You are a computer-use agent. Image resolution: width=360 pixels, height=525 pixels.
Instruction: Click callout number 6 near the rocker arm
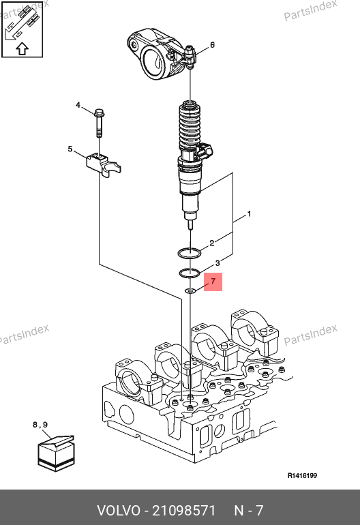[212, 45]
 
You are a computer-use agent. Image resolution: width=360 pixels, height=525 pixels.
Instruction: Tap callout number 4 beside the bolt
[78, 105]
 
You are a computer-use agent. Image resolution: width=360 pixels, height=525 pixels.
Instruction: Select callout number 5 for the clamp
[70, 149]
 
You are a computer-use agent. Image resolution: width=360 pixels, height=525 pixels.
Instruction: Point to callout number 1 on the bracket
[249, 213]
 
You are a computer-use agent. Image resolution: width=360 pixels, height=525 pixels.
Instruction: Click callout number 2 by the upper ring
[211, 243]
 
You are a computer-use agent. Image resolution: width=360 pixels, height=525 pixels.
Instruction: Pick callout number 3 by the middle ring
[217, 262]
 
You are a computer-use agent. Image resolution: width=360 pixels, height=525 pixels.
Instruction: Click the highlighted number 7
[213, 281]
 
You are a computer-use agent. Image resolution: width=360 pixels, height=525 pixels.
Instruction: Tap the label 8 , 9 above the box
[40, 425]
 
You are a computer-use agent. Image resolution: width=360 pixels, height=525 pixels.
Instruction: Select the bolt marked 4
[100, 123]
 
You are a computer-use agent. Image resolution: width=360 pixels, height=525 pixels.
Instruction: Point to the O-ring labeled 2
[190, 253]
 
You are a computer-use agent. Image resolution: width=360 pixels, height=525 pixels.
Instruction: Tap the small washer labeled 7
[190, 290]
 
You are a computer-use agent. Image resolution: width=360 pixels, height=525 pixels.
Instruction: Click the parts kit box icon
[56, 453]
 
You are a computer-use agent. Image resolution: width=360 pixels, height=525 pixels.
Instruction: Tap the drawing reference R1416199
[302, 475]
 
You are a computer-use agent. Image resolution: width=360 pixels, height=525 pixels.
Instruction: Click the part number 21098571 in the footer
[184, 511]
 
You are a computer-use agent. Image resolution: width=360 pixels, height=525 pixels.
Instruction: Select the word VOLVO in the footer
[119, 511]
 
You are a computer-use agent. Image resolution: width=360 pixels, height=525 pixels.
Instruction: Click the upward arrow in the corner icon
[22, 48]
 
